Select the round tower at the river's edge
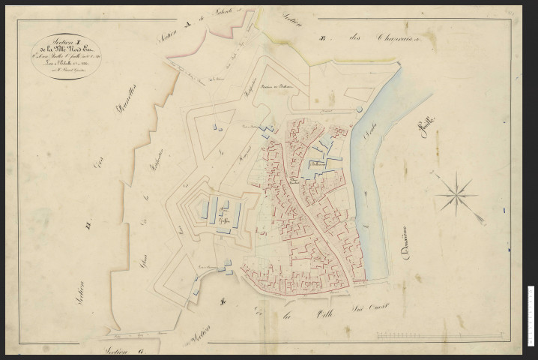click(x=359, y=111)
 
